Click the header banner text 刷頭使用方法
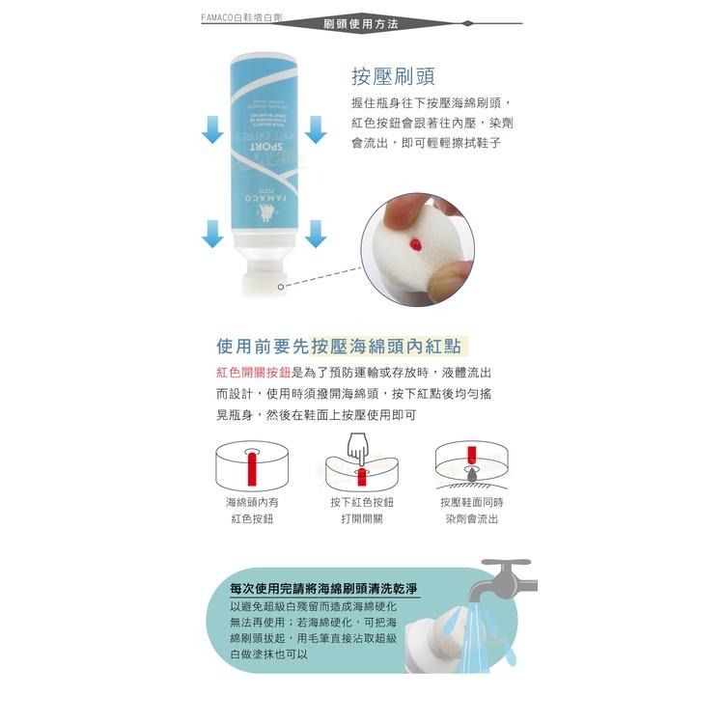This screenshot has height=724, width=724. pyautogui.click(x=361, y=23)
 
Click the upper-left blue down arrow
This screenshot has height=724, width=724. pyautogui.click(x=213, y=127)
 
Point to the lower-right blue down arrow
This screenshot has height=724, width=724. pyautogui.click(x=316, y=233)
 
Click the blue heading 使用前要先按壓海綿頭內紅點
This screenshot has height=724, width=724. pyautogui.click(x=344, y=346)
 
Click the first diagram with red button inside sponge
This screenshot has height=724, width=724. pyautogui.click(x=252, y=465)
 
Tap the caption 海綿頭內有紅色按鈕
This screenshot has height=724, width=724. pyautogui.click(x=252, y=511)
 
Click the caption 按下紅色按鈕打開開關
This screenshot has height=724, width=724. pyautogui.click(x=362, y=511)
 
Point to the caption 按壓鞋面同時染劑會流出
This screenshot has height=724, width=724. pyautogui.click(x=472, y=511)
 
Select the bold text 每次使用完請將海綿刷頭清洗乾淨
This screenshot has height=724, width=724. pyautogui.click(x=323, y=588)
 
